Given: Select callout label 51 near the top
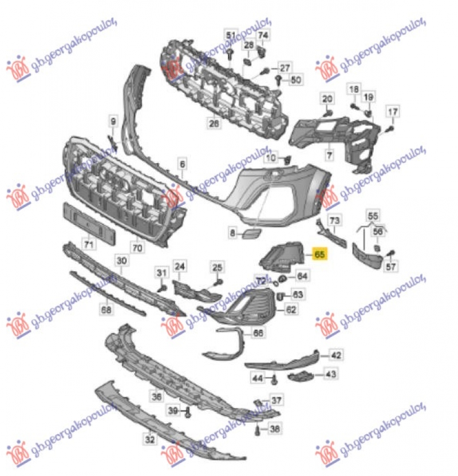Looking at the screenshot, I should pyautogui.click(x=231, y=35).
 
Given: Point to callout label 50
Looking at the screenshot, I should pyautogui.click(x=295, y=80).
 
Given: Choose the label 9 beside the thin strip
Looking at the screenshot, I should pyautogui.click(x=113, y=121).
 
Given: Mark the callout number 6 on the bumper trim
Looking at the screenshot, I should pyautogui.click(x=182, y=165).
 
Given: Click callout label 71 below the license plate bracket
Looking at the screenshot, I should pyautogui.click(x=88, y=245).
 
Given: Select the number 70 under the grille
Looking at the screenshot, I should pyautogui.click(x=137, y=248).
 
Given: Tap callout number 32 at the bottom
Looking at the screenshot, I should pyautogui.click(x=149, y=439).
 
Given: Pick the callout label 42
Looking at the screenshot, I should pyautogui.click(x=335, y=355).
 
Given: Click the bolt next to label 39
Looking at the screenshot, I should pyautogui.click(x=188, y=410).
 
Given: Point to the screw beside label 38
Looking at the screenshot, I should pyautogui.click(x=258, y=429).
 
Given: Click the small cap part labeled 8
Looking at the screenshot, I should pyautogui.click(x=250, y=233).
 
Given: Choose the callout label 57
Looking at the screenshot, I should pyautogui.click(x=391, y=266).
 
